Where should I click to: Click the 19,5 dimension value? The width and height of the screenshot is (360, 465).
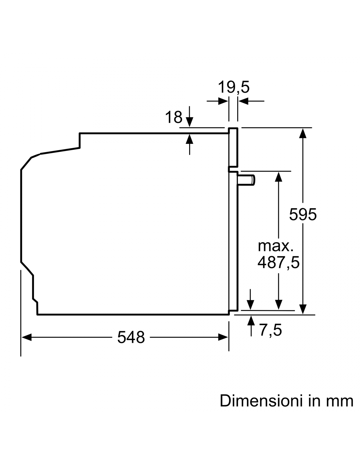click(234, 87)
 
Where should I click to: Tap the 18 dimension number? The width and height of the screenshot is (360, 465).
click(173, 117)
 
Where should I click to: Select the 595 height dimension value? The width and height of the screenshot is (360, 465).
click(303, 214)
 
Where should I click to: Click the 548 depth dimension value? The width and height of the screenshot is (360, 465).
click(131, 337)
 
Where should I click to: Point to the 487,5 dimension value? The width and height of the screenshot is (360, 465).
click(279, 263)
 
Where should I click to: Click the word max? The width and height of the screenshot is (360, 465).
click(276, 246)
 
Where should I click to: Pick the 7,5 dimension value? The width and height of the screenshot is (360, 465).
click(271, 330)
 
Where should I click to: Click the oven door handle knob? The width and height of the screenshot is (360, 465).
click(246, 180)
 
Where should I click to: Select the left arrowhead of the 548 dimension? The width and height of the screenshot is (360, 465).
click(27, 337)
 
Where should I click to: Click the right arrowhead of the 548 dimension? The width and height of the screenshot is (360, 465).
click(223, 337)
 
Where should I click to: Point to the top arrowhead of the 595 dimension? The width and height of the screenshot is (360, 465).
click(303, 133)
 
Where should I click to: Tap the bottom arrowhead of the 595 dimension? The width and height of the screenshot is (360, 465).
click(303, 309)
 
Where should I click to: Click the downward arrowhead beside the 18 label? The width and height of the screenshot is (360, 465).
click(189, 122)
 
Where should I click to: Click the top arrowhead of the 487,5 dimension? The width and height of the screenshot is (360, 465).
click(279, 177)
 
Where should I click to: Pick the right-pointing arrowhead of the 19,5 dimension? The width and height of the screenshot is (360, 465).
click(223, 101)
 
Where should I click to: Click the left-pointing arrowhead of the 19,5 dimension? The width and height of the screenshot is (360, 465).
click(243, 101)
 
